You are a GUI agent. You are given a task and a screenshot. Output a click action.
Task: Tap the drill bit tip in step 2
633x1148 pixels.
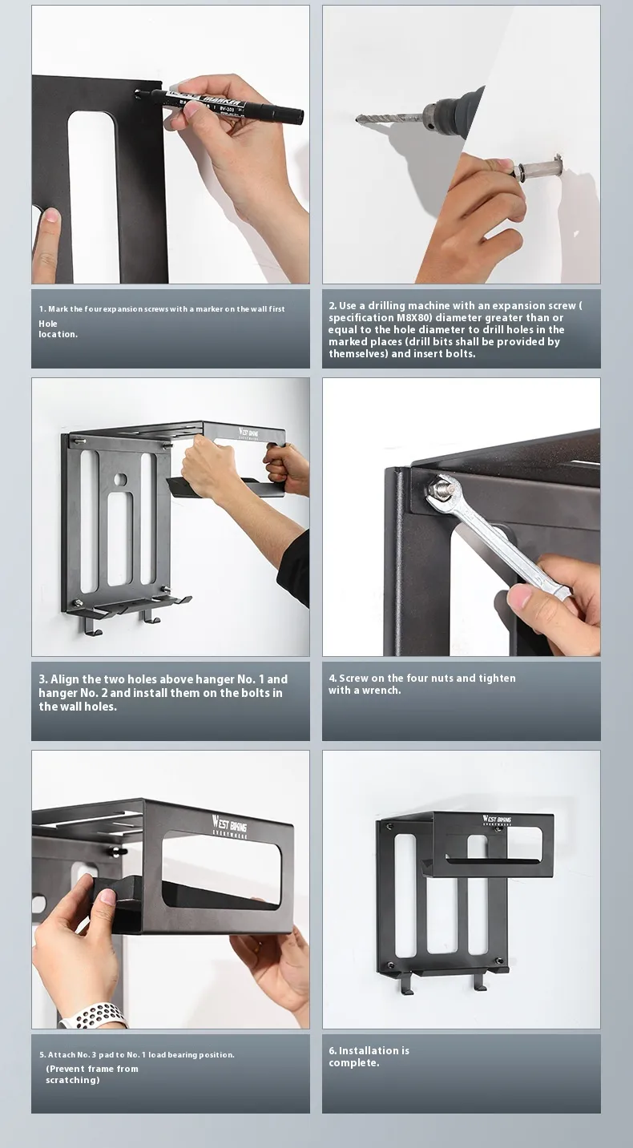click(357, 119)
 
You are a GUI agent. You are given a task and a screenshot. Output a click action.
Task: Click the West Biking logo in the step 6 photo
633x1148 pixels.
click(496, 820)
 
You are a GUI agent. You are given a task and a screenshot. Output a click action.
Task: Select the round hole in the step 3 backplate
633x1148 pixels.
click(120, 480)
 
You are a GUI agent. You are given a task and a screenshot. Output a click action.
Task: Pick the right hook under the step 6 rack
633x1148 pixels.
click(479, 981)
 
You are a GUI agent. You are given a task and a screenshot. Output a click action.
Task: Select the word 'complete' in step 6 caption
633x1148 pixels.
click(353, 1063)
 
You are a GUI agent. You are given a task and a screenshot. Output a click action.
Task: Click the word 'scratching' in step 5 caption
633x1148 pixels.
click(71, 1081)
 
